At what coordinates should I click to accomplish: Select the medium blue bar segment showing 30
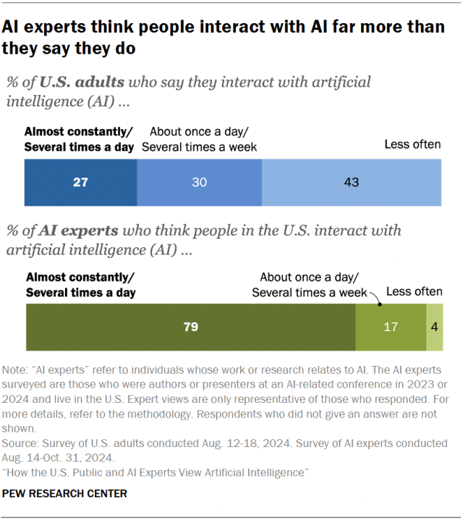point(199,183)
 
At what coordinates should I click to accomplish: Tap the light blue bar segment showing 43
point(352,183)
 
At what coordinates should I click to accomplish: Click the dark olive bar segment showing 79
point(190,328)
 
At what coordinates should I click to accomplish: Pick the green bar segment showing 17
point(390,328)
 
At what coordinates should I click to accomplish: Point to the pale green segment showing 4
point(434,328)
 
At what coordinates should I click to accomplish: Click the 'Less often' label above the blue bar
point(412,144)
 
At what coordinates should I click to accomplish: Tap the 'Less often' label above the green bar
point(414,291)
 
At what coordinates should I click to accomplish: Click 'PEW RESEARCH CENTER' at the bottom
point(65,493)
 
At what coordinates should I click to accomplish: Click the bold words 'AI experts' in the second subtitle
point(78,230)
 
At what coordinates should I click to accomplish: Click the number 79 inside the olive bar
point(190,328)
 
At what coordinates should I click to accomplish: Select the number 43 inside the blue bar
point(352,183)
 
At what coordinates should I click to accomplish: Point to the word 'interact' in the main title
point(200,28)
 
